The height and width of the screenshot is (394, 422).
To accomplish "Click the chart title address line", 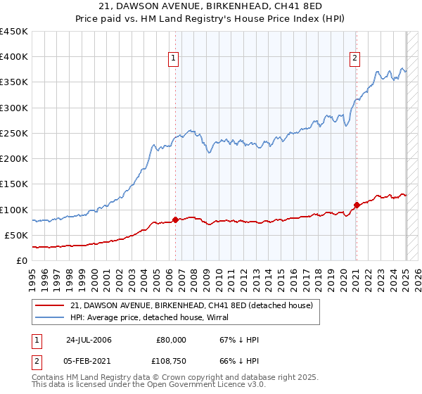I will [x=210, y=8].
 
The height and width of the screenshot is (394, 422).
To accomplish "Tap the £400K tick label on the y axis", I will [x=14, y=57].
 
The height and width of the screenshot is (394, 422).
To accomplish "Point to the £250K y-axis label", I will [x=14, y=133].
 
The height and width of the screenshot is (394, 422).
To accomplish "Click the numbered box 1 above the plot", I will [x=174, y=58].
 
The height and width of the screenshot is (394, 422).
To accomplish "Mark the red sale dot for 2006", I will [x=175, y=220].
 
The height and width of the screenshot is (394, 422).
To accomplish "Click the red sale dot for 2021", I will [x=357, y=205].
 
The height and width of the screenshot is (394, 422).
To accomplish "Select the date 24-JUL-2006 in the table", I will [x=89, y=340].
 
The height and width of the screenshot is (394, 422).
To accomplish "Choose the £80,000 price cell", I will [x=172, y=340].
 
